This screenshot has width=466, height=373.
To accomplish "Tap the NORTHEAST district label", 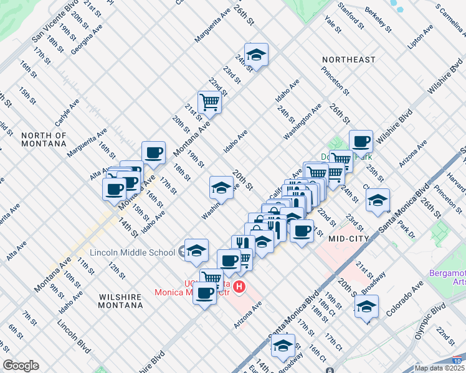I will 348,60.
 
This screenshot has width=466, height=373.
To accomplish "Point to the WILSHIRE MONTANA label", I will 121,302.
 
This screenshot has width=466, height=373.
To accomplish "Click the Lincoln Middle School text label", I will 132,252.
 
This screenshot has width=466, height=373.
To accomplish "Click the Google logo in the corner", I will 21,366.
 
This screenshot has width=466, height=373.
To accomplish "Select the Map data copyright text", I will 440,368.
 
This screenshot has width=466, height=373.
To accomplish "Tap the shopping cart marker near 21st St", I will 210,102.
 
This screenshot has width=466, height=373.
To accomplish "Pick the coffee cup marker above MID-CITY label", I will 302,231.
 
